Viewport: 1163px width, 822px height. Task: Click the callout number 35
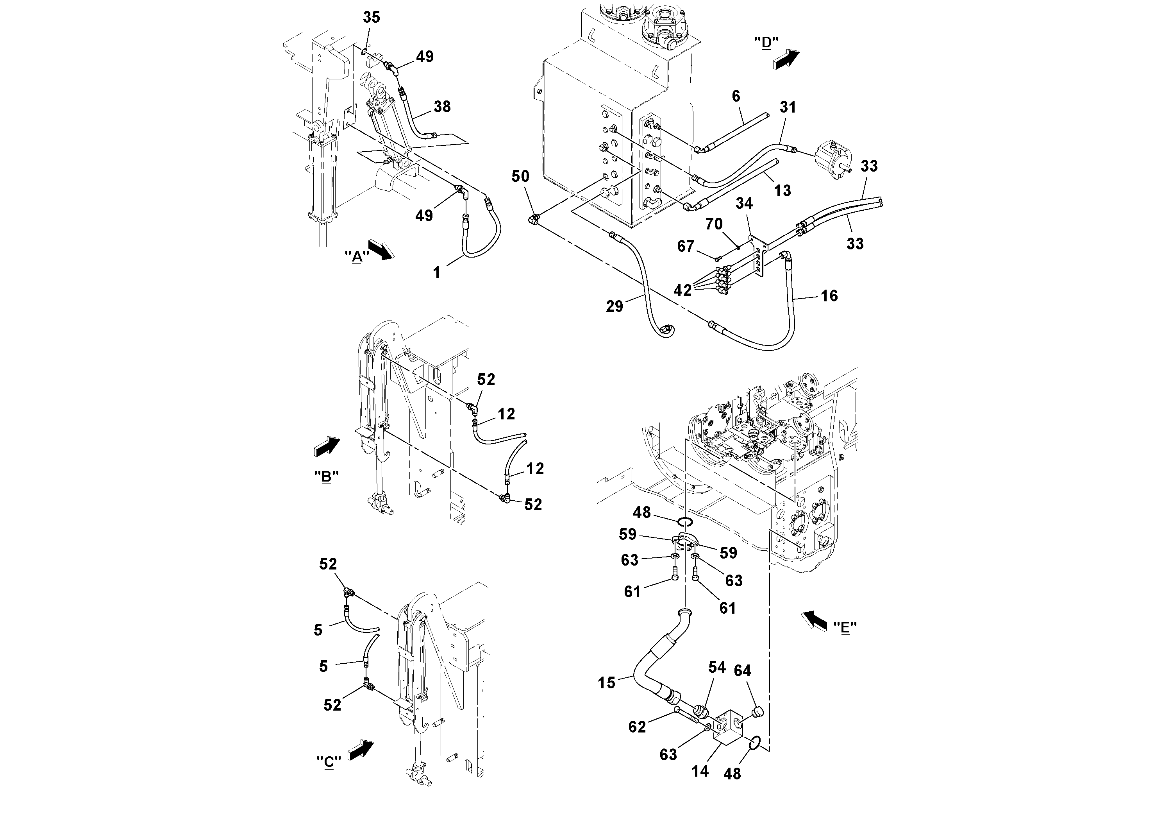coord(371,18)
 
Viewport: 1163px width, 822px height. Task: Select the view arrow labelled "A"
coord(381,249)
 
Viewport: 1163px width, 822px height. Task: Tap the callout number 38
coord(442,107)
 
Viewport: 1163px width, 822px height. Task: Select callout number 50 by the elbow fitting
coord(520,176)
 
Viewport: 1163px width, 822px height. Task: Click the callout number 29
coord(615,306)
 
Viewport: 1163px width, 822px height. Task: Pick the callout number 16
coord(829,296)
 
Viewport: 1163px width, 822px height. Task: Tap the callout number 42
coord(682,290)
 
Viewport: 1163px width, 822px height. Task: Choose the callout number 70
coord(714,224)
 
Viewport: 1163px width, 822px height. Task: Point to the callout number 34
coord(744,203)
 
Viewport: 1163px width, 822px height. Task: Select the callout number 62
coord(637,727)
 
